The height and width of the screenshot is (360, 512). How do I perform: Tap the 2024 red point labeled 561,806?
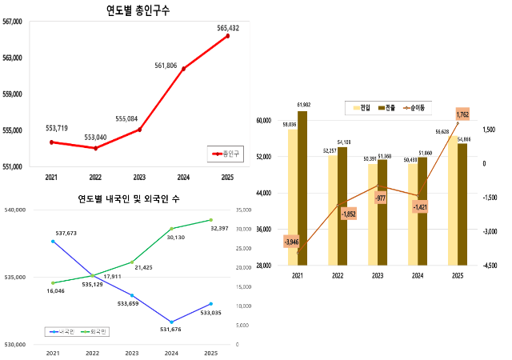[183, 69]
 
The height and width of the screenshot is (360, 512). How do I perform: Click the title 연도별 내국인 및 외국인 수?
[128, 198]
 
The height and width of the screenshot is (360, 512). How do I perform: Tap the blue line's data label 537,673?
[66, 233]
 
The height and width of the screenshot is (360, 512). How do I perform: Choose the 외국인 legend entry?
[100, 331]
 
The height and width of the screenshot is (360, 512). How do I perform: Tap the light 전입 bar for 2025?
[453, 200]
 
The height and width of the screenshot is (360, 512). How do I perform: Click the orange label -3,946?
[291, 241]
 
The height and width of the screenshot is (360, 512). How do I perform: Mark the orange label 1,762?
[462, 115]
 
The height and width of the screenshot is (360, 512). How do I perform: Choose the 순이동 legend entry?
[414, 107]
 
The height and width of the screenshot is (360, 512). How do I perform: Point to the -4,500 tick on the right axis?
[490, 266]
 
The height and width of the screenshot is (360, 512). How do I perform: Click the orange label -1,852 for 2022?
[349, 214]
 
